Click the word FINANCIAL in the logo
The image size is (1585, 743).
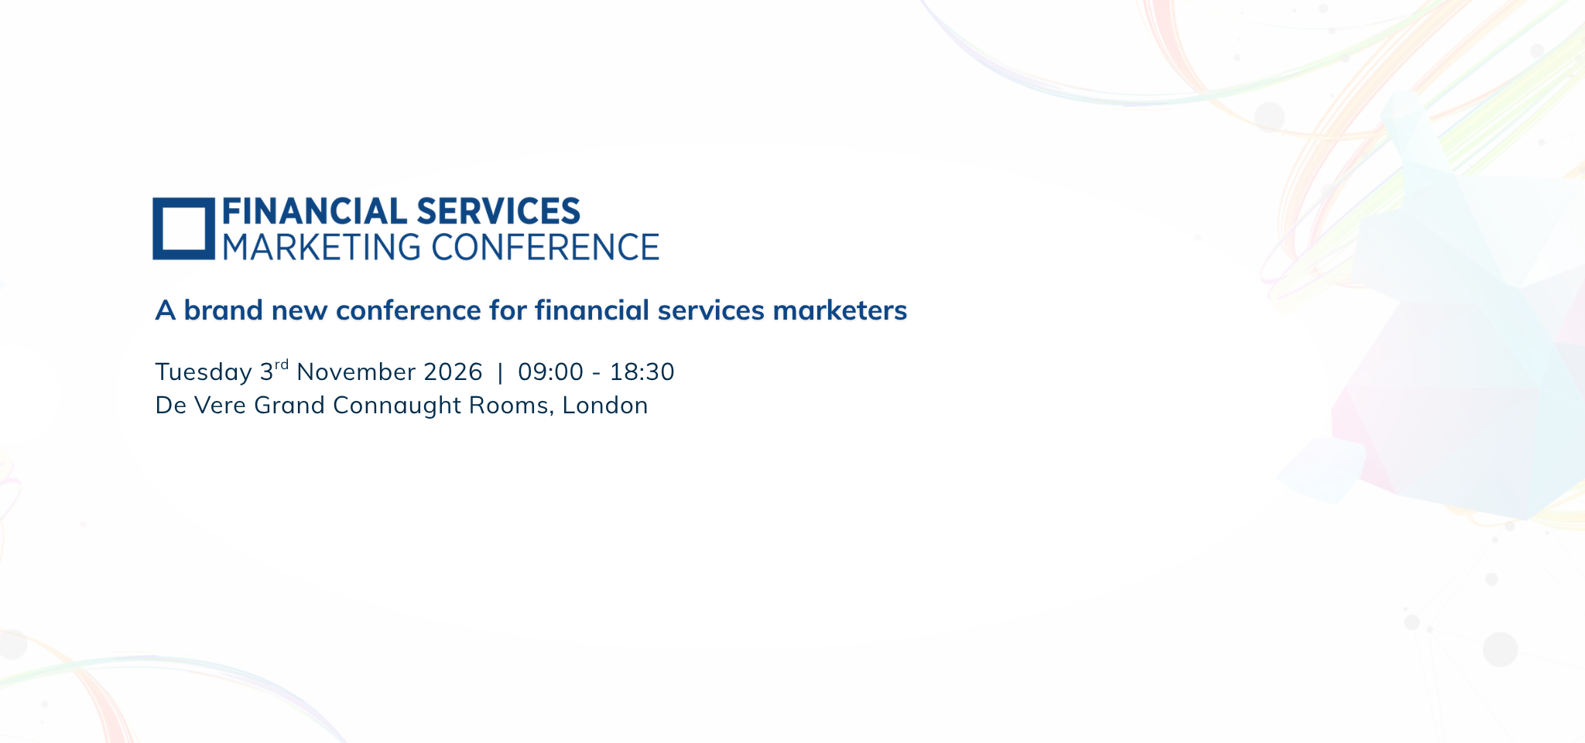point(314,212)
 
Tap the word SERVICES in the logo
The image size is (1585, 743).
point(498,212)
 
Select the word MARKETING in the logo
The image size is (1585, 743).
point(322,248)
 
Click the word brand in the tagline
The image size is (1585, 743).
point(223,310)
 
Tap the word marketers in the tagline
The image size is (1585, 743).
point(840,310)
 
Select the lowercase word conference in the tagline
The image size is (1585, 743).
point(408,310)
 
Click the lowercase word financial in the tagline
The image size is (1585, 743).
point(592,310)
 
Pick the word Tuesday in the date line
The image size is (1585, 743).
point(204,373)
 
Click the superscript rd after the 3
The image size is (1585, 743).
point(282,364)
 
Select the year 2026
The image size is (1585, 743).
point(453,372)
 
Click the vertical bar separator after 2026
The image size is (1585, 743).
point(500,372)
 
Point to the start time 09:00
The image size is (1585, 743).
point(550,372)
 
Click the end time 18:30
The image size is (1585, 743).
point(642,372)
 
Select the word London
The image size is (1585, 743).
point(605,406)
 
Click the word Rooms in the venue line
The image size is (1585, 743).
point(512,406)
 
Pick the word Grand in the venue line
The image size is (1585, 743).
point(289,406)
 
